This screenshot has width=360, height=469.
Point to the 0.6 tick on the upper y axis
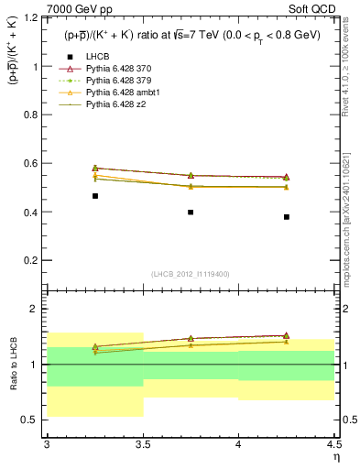point(35,164)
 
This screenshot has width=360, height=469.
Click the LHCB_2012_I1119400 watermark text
point(191,274)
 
